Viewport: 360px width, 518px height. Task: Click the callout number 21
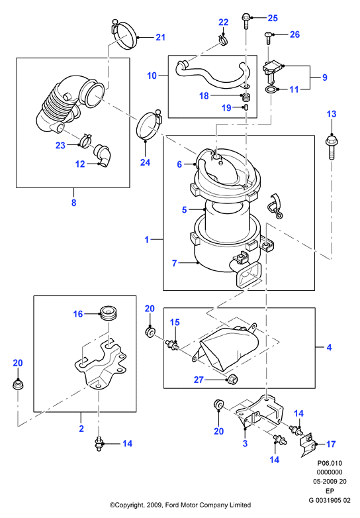point(160,37)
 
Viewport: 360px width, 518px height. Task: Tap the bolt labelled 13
point(331,146)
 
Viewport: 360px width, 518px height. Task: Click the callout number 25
point(273,18)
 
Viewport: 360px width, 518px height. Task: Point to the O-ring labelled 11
point(271,89)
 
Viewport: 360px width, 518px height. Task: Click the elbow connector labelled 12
point(103,154)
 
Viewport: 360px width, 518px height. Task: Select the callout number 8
point(74,203)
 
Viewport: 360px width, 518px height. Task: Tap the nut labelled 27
point(232,380)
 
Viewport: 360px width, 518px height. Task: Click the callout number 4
point(329,347)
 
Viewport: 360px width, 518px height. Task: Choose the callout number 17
point(331,444)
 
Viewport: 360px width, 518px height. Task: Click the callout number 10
point(152,76)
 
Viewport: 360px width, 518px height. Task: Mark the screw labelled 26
point(268,38)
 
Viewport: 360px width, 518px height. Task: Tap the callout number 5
point(184,209)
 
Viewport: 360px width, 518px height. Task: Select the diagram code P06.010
point(330,463)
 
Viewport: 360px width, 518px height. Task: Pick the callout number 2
point(81,429)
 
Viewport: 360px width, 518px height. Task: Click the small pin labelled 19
point(246,107)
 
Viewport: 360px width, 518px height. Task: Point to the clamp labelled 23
point(85,140)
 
